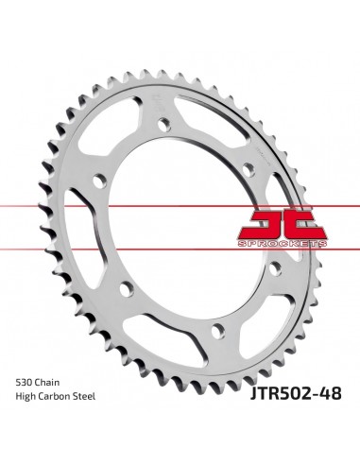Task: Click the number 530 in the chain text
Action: coord(24,383)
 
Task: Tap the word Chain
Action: coord(46,383)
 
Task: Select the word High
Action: coord(26,397)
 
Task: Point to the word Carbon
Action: coord(56,396)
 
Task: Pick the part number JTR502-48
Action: coord(296,393)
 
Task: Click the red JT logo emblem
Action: coord(283,223)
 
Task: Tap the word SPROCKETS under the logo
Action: coord(283,244)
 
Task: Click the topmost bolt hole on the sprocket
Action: coord(164,124)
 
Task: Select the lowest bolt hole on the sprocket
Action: coord(218,331)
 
